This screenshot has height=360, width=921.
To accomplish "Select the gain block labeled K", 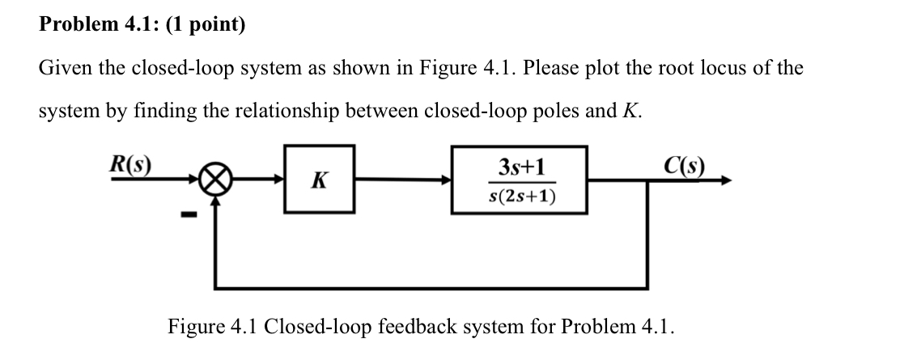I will pos(319,180).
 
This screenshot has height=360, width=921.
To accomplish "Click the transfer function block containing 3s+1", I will pos(519,180).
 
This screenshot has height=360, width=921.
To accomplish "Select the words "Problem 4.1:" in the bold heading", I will pos(99,25).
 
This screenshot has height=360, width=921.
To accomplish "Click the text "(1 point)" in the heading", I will pos(206,25).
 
